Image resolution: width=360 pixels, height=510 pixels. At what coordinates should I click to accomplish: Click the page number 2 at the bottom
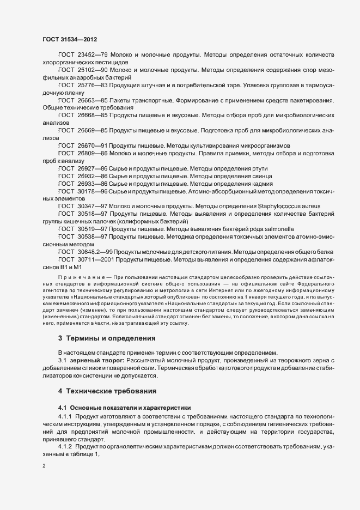tap(44, 467)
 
